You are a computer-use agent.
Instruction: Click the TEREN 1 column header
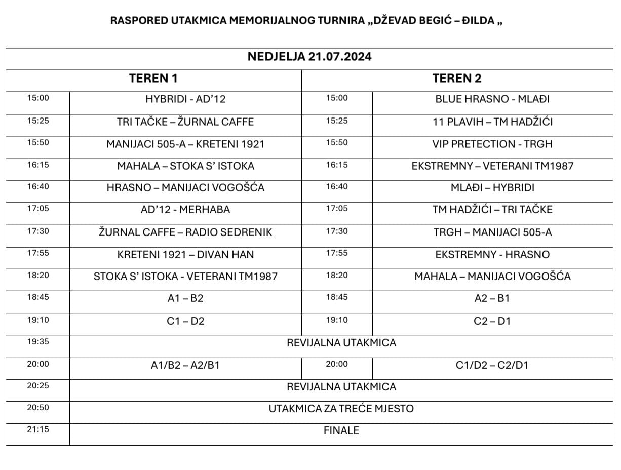coord(153,79)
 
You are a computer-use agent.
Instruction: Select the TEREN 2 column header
coord(456,79)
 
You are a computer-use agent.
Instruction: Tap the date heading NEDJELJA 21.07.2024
coord(309,56)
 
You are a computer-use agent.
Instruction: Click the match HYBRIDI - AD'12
coord(185,99)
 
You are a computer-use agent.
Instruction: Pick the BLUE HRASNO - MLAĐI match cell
coord(492,99)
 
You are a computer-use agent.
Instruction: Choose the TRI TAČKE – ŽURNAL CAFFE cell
coord(185,122)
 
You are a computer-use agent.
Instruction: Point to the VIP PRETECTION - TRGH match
coord(492,144)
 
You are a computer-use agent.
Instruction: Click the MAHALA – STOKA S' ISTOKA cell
coord(185,166)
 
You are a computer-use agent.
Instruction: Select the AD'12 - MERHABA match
coord(185,210)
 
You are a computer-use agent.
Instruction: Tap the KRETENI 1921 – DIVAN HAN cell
coord(185,254)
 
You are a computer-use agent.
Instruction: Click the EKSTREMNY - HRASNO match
coord(492,254)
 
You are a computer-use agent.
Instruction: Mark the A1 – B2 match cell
coord(185,298)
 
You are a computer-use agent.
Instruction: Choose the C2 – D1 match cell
coord(492,321)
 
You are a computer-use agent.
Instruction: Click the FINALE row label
coord(341,430)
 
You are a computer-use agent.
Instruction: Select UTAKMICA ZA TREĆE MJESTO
coord(341,409)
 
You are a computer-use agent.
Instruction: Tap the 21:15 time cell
coord(38,429)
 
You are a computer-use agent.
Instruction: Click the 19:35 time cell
coord(38,342)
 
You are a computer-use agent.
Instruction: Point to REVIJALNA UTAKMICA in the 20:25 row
coord(341,387)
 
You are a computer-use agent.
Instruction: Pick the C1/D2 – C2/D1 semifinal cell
coord(492,365)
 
